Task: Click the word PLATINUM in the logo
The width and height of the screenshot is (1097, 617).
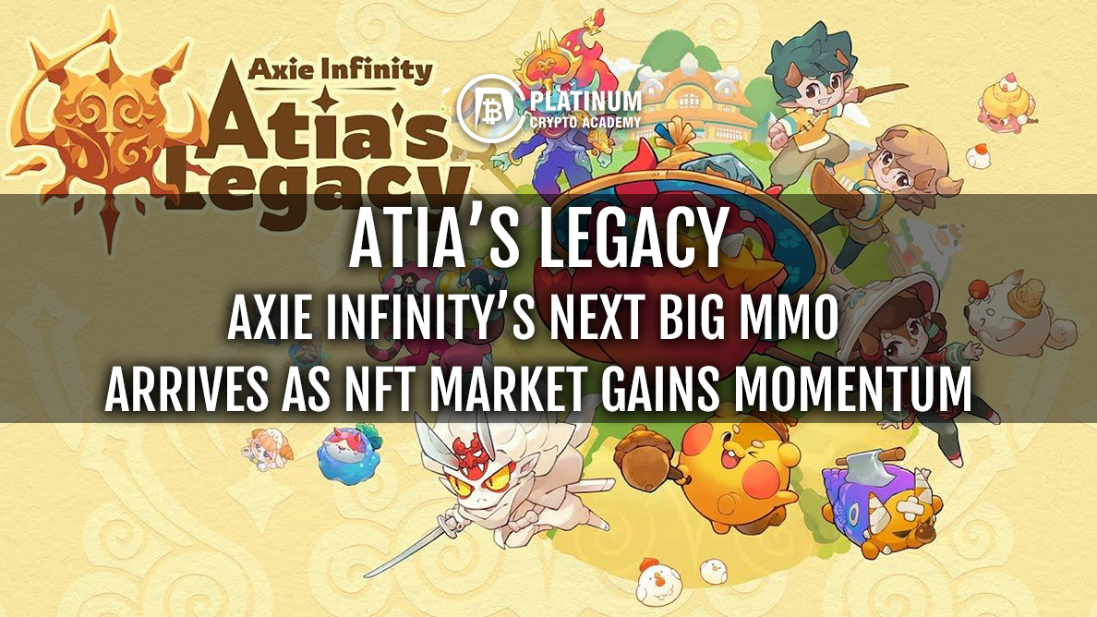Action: click(x=585, y=101)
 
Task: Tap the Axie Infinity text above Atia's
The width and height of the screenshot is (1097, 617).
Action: click(x=340, y=70)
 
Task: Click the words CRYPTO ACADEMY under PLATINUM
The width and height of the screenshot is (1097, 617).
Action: click(x=585, y=123)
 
